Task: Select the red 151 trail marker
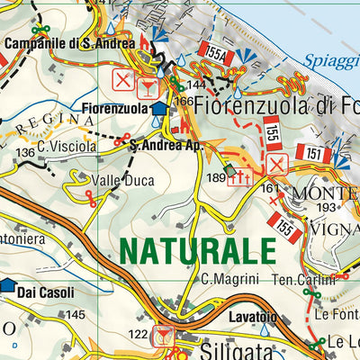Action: coord(314,154)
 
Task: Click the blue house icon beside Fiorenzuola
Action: coord(158,109)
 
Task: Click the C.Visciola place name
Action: coord(67,145)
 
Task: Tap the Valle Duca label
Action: coord(127,181)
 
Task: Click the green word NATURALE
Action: coord(197,248)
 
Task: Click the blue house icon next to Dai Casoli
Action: coord(9,286)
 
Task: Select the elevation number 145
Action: coord(76,315)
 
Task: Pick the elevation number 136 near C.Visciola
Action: coord(25,154)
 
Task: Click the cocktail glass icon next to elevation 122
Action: coord(163,336)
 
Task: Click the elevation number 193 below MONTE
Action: coord(325,208)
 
